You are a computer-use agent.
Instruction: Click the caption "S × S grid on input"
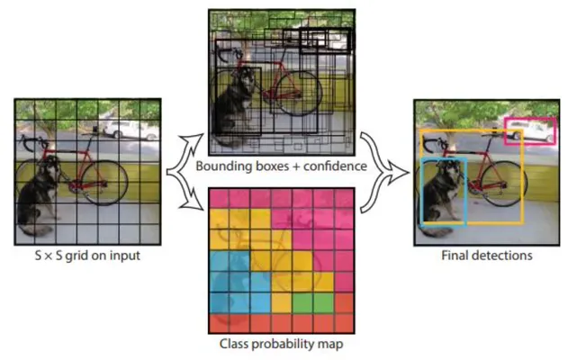[87, 256]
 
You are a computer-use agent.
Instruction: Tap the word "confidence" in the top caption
[335, 166]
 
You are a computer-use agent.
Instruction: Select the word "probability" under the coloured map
[284, 344]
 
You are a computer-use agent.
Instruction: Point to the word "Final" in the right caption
[455, 256]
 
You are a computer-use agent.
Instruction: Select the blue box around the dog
[420, 192]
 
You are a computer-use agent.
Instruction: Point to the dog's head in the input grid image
[51, 167]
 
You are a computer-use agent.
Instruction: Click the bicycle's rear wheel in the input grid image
[104, 183]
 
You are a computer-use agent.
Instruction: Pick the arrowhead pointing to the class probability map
[195, 202]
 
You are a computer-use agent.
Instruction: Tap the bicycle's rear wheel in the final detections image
[504, 184]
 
